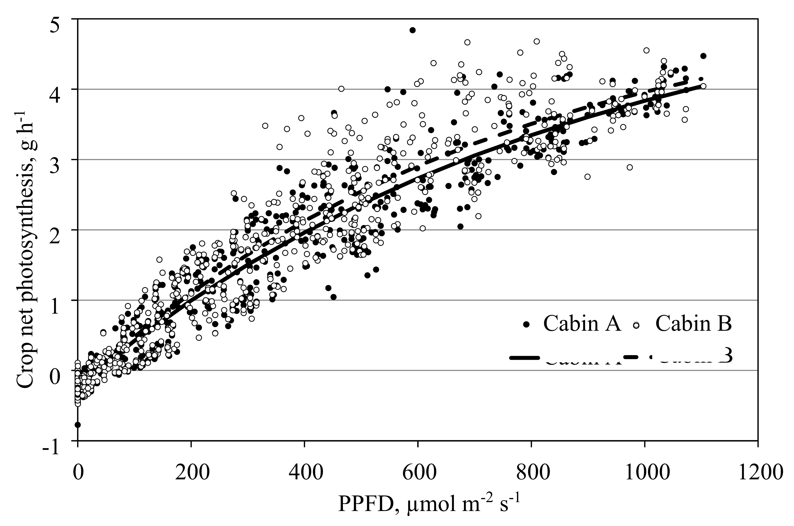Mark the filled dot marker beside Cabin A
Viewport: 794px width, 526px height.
tap(527, 324)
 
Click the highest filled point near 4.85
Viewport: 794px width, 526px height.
tap(413, 30)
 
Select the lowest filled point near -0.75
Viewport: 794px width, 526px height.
tap(78, 425)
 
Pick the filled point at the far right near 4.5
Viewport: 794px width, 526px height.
tap(703, 56)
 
